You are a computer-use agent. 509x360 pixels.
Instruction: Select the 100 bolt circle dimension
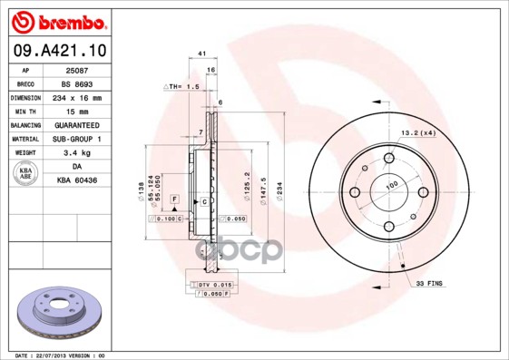tap(393, 185)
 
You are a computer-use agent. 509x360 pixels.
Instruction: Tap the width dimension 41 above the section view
tap(201, 54)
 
